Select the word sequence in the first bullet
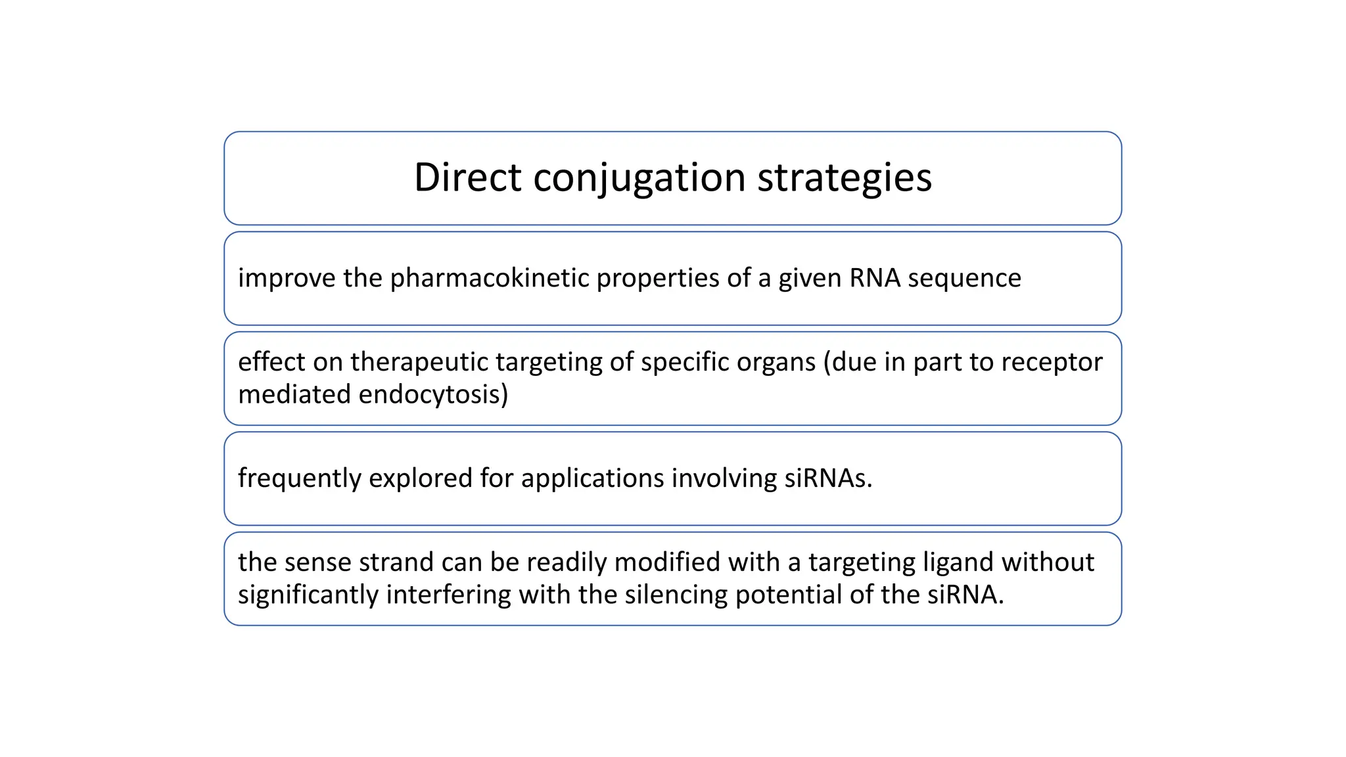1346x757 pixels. [x=964, y=279]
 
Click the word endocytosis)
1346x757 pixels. [x=434, y=395]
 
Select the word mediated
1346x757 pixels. [x=294, y=395]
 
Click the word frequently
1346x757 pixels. [x=299, y=478]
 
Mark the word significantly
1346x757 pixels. [x=308, y=595]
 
